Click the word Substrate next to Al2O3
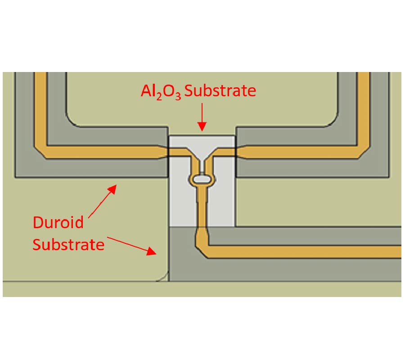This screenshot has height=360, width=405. pos(220,91)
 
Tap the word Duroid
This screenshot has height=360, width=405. pos(58,222)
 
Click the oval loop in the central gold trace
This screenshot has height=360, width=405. pos(202,180)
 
